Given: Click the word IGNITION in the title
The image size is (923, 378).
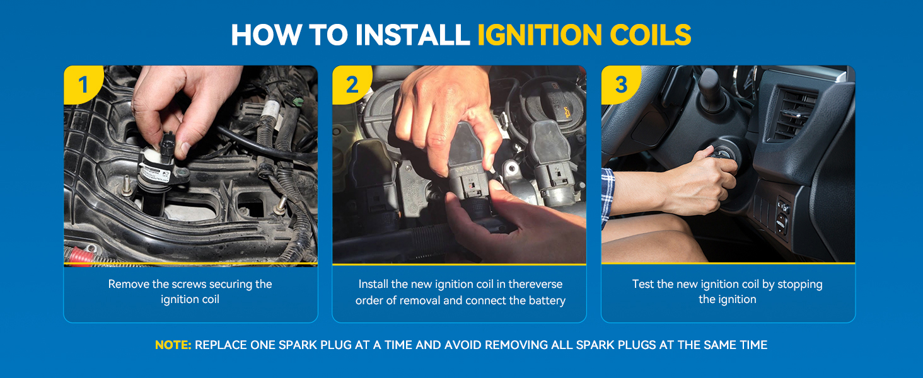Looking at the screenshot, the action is pos(539,35).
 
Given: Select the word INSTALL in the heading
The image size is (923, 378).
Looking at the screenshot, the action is pos(412,35).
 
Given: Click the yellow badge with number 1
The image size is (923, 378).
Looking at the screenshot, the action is pos(83,85).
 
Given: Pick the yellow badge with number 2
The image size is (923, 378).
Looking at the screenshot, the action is pos(352,85).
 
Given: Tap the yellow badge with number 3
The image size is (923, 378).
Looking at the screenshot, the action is pos(621,85).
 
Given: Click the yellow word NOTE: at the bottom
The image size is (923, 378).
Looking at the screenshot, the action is pos(173,345).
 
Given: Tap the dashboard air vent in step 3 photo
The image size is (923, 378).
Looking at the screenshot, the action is pos(793,113).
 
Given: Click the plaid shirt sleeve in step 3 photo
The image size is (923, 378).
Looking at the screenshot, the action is pos(608,198).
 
